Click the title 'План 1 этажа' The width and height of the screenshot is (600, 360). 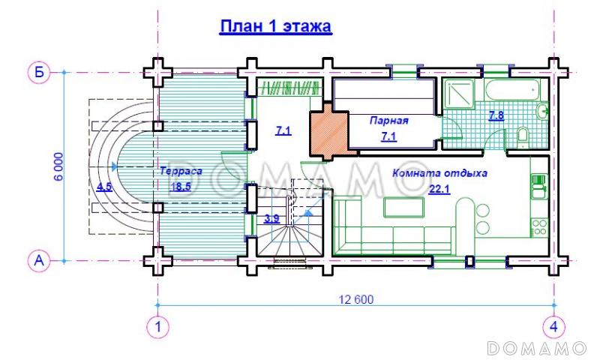275,27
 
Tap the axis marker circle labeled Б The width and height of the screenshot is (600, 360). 39,72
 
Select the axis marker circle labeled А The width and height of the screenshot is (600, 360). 39,261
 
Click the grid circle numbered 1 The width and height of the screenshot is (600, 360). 157,328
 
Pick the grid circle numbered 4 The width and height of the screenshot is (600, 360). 553,328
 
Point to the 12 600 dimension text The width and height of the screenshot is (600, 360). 355,299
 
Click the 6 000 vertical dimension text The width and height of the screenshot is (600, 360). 58,166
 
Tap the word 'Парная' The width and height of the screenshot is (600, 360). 388,121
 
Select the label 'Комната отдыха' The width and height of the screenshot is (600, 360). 439,173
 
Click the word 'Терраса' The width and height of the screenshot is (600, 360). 181,171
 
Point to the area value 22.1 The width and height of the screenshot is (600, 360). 439,189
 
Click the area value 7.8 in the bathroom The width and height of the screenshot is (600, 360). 496,115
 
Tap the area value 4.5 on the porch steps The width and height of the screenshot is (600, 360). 104,187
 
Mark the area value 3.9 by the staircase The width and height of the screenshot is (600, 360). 272,219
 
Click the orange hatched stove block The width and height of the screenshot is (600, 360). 329,130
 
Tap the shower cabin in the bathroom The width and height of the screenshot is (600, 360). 459,93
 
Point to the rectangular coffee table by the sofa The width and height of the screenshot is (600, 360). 404,207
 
